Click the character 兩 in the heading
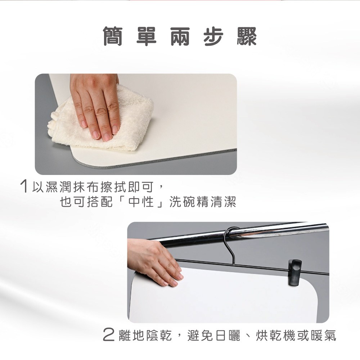coord(180,36)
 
